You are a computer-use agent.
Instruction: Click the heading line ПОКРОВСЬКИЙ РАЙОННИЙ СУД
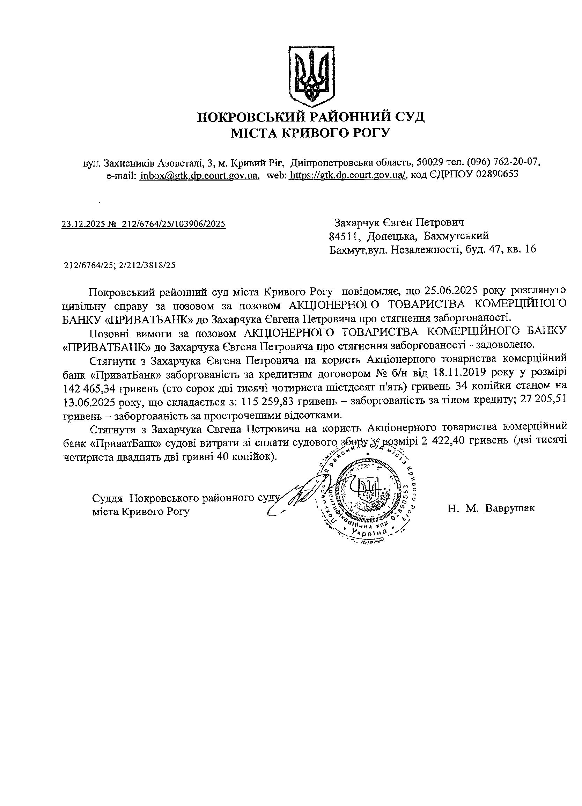point(310,117)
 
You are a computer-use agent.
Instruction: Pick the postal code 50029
point(429,162)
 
